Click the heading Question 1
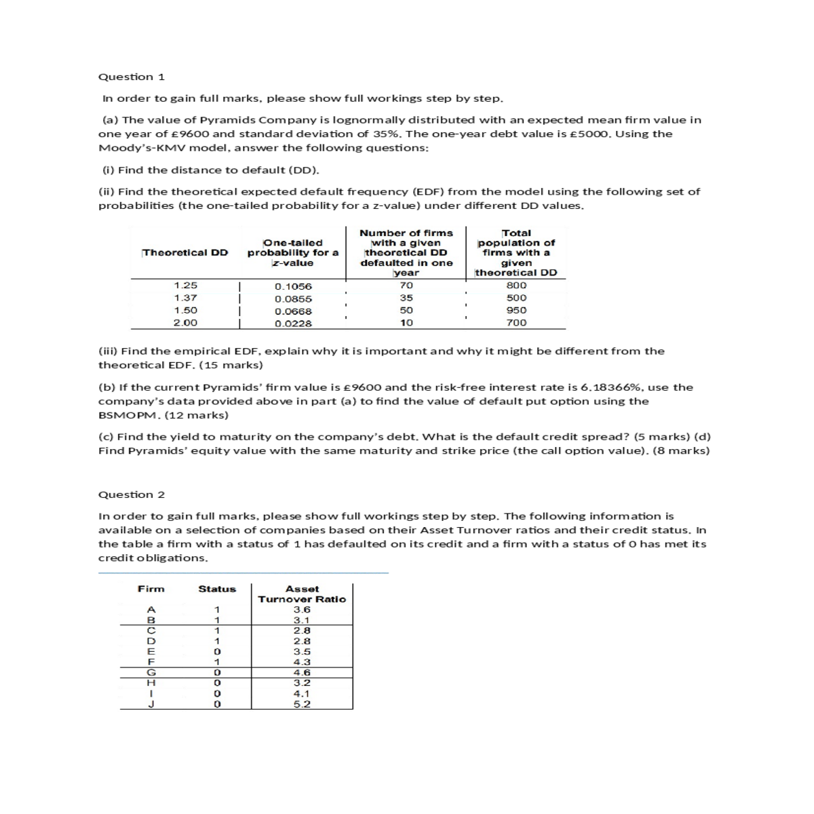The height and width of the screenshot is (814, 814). point(132,77)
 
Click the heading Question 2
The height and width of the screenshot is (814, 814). point(132,495)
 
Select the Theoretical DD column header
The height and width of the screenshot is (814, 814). point(185,252)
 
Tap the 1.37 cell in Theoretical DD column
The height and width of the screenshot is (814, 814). point(185,298)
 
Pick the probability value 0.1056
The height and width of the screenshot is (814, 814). point(293,287)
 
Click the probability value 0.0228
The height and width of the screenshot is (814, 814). point(293,324)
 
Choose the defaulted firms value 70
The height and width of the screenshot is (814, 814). point(406,286)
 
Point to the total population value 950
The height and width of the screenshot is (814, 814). point(516,310)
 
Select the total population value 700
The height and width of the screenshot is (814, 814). point(516,323)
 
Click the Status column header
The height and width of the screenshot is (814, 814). point(217,589)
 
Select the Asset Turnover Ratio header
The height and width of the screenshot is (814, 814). point(302,594)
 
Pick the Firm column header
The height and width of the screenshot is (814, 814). point(151,589)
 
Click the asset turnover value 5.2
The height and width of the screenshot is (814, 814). point(302,704)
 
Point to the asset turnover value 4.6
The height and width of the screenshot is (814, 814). point(302,672)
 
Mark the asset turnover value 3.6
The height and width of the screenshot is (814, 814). point(302,610)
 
